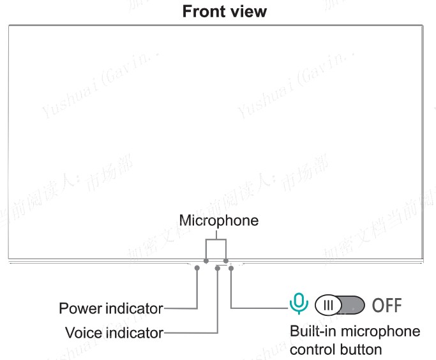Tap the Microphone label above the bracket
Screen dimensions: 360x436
coord(219,221)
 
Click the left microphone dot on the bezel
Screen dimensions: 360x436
coord(206,261)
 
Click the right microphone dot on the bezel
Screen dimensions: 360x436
coord(226,261)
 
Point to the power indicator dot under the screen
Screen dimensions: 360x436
coord(197,269)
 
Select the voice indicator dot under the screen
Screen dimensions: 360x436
coord(218,269)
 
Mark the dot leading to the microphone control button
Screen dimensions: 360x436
coord(230,269)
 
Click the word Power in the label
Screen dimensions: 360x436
coord(79,309)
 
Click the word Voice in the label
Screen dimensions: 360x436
coord(82,333)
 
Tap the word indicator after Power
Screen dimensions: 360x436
coord(132,309)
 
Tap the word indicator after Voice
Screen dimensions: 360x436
coord(133,333)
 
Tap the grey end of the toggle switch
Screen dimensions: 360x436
coord(354,304)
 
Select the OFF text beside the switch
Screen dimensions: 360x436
coord(387,304)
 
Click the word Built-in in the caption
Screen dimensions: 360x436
coord(313,332)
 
